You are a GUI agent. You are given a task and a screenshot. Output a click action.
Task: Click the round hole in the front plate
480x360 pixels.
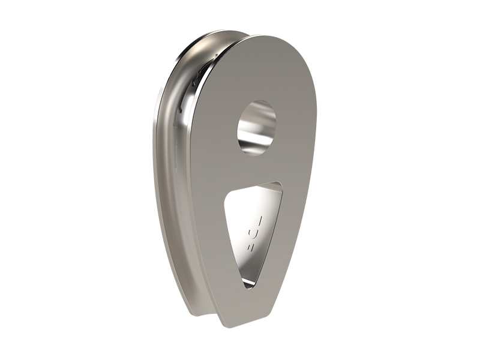257,127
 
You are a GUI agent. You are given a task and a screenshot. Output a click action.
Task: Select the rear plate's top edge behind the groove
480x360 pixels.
216,35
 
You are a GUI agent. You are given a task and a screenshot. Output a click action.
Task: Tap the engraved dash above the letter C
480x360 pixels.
257,214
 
